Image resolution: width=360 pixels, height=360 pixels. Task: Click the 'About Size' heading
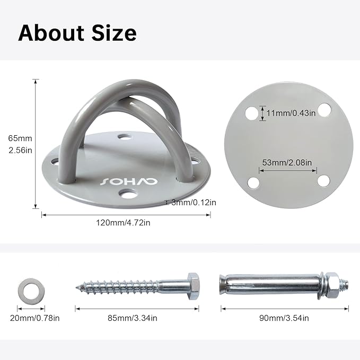[77, 33]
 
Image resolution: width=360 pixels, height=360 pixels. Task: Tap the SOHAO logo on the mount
[129, 181]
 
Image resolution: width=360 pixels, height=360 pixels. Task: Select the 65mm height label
[20, 138]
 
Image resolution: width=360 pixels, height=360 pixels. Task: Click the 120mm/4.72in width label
[123, 223]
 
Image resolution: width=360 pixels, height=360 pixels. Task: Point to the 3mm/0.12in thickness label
[194, 203]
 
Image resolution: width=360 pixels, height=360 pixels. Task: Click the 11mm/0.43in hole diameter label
[291, 113]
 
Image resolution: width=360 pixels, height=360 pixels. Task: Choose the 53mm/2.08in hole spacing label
[287, 163]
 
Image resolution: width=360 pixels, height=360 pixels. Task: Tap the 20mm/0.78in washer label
[34, 318]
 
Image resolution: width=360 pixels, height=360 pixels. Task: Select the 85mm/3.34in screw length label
[133, 318]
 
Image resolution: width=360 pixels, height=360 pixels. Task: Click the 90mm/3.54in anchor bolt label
[284, 318]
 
